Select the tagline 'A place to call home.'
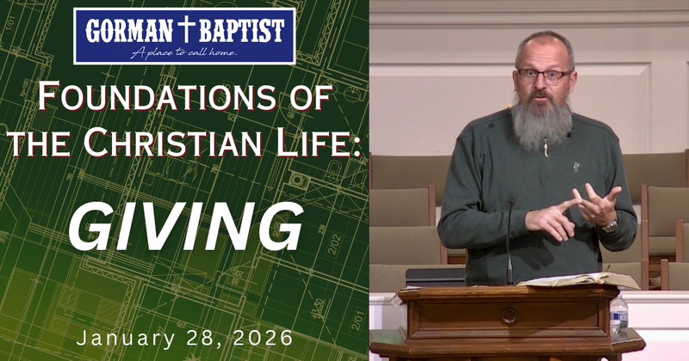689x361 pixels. [183, 52]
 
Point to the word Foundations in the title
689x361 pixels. [169, 97]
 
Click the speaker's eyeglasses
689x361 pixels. [543, 76]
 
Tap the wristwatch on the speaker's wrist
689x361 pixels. [609, 225]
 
